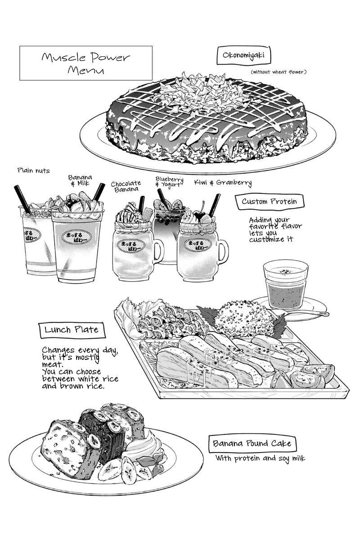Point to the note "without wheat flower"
coord(278,72)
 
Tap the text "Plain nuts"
coord(34,170)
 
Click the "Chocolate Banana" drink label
coord(126,186)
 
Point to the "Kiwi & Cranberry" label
coord(223,183)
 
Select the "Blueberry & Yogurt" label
coord(170,182)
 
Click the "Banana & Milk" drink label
coord(80,180)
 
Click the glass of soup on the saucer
coord(286,284)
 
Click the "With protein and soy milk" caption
coord(260,458)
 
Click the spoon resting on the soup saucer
coord(302,313)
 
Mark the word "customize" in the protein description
coord(266,240)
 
